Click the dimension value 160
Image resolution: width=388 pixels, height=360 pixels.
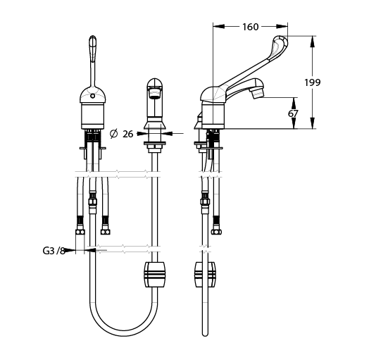point(250,27)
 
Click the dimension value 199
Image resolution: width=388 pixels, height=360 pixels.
point(312,82)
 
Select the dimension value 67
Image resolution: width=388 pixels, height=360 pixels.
point(293,113)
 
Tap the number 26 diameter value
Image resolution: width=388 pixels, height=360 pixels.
point(128,134)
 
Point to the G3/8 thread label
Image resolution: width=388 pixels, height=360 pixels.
point(54,251)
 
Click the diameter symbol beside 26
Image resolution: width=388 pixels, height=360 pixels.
point(113,134)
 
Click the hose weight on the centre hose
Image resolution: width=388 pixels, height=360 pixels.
point(154,275)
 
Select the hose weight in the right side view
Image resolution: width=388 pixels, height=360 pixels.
point(205,275)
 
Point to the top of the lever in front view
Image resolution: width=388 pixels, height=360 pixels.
point(92,37)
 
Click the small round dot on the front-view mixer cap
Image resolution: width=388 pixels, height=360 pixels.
point(92,96)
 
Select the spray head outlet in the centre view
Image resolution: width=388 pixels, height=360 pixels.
point(154,94)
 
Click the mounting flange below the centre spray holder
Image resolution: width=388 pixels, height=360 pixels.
point(154,143)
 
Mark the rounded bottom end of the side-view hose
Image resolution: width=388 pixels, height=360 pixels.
point(205,334)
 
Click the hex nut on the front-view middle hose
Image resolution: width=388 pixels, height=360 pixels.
point(92,201)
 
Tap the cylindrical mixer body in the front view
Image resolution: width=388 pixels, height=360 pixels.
point(92,116)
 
